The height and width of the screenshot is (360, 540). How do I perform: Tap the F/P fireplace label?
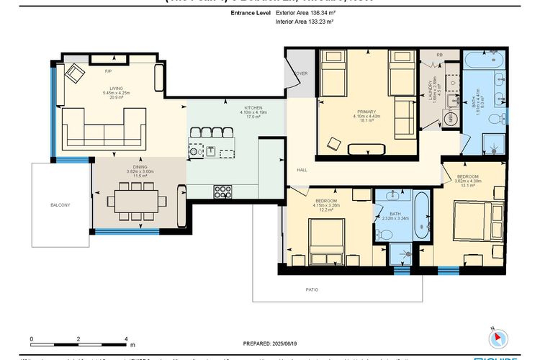coord(109,72)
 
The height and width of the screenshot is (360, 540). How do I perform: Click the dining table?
coord(135,199)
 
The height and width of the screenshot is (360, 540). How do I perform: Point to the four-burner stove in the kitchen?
coord(222,191)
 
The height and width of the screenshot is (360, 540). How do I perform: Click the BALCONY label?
coord(60,204)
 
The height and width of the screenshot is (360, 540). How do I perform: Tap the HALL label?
coord(302,170)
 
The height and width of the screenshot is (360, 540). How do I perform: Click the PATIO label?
coord(311,289)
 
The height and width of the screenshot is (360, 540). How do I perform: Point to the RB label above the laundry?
coord(439,54)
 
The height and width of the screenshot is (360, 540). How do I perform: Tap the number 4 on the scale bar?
coord(126,338)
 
